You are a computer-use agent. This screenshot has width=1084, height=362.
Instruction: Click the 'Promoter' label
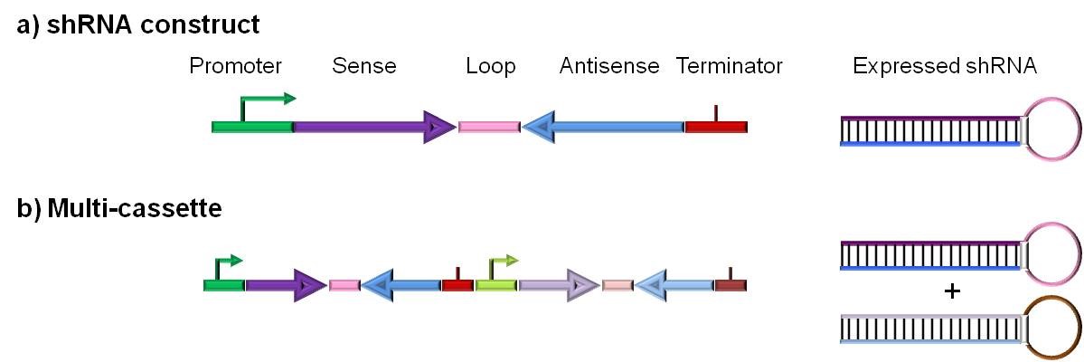pos(235,66)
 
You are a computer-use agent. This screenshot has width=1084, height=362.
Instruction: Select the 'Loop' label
pos(490,66)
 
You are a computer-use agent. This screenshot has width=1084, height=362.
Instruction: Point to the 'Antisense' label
pos(608,66)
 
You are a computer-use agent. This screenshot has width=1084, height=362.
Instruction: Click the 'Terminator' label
pos(729,66)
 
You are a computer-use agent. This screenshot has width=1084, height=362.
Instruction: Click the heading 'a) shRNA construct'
pos(138,24)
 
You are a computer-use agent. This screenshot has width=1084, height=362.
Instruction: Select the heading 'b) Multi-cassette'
pos(119,209)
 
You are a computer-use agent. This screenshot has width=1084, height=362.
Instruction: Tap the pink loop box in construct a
pos(489,128)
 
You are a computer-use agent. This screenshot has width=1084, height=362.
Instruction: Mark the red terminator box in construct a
pos(716,127)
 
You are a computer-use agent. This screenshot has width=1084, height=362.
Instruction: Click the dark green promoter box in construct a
pos(252,127)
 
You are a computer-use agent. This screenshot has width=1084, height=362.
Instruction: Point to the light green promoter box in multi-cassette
pos(495,285)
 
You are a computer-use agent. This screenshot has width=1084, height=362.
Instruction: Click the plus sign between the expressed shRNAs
pos(950,292)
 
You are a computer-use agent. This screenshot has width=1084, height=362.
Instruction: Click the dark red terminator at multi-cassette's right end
pos(731,285)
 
